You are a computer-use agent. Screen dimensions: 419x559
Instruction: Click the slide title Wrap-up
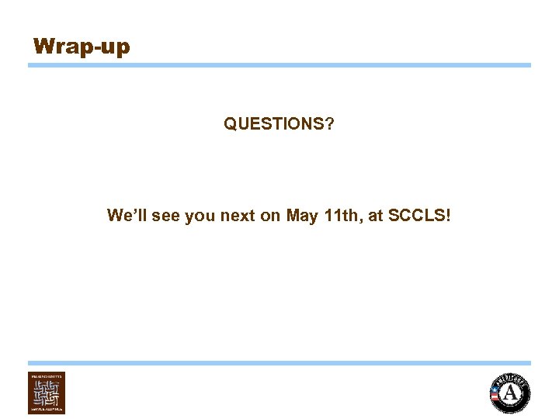(82, 47)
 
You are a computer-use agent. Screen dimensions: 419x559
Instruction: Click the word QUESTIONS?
(279, 124)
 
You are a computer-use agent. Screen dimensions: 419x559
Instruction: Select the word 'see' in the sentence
(166, 216)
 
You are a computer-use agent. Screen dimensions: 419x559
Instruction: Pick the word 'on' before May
(271, 216)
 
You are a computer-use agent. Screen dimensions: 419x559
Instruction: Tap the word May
(302, 216)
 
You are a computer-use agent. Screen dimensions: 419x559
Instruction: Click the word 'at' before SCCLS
(376, 216)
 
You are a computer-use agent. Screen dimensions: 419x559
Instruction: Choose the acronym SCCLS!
(419, 216)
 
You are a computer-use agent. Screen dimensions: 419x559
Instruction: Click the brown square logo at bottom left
(47, 393)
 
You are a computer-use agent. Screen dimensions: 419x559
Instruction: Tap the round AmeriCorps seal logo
(510, 393)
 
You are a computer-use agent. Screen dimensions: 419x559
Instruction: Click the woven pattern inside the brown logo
(47, 393)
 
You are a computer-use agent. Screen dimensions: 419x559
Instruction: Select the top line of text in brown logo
(47, 376)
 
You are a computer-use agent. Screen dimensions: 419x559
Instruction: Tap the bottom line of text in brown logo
(47, 409)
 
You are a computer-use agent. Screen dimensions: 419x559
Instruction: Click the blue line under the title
(279, 65)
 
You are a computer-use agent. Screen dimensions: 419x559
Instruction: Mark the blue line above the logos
(279, 362)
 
